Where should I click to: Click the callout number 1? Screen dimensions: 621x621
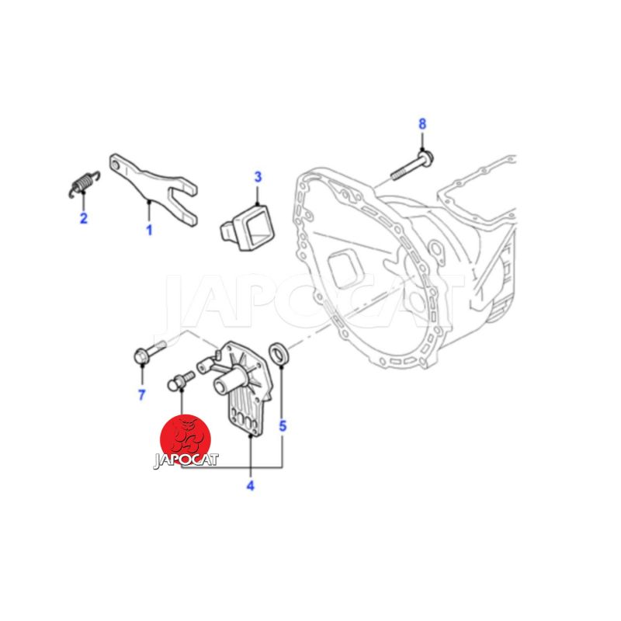149,230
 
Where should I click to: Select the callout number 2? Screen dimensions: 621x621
84,218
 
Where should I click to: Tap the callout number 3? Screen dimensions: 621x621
258,177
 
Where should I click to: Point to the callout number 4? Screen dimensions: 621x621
250,486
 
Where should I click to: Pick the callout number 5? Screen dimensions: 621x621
283,426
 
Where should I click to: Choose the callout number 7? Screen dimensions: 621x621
142,394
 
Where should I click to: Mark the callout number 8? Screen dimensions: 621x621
422,124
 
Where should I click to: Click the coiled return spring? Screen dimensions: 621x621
84,184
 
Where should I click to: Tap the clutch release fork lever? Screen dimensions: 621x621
154,189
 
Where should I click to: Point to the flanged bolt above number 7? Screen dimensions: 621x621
150,352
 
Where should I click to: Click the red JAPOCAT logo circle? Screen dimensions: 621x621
186,439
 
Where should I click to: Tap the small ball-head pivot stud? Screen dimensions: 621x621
181,380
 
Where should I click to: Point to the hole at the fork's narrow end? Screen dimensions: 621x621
115,165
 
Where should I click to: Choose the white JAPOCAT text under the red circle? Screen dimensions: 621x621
186,460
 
